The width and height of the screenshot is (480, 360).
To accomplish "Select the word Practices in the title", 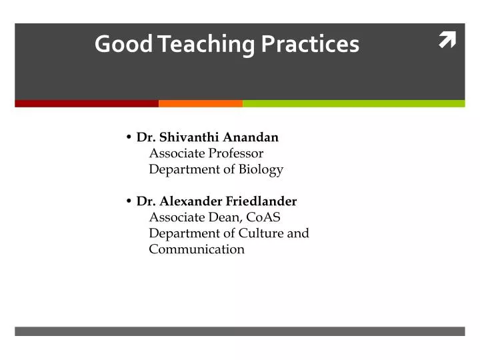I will point(310,44).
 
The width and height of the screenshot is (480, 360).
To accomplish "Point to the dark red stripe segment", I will point(87,103).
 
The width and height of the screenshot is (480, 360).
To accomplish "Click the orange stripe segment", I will point(201,103).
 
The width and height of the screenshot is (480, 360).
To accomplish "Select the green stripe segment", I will point(353,103).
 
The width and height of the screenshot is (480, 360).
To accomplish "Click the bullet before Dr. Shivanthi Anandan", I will point(128,137).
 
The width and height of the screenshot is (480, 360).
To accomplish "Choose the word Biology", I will point(262,170).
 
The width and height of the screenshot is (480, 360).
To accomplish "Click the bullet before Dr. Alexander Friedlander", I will point(128,201).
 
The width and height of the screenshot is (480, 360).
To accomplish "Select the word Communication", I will point(197,249).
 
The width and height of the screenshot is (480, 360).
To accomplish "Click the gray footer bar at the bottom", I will point(240,331).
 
